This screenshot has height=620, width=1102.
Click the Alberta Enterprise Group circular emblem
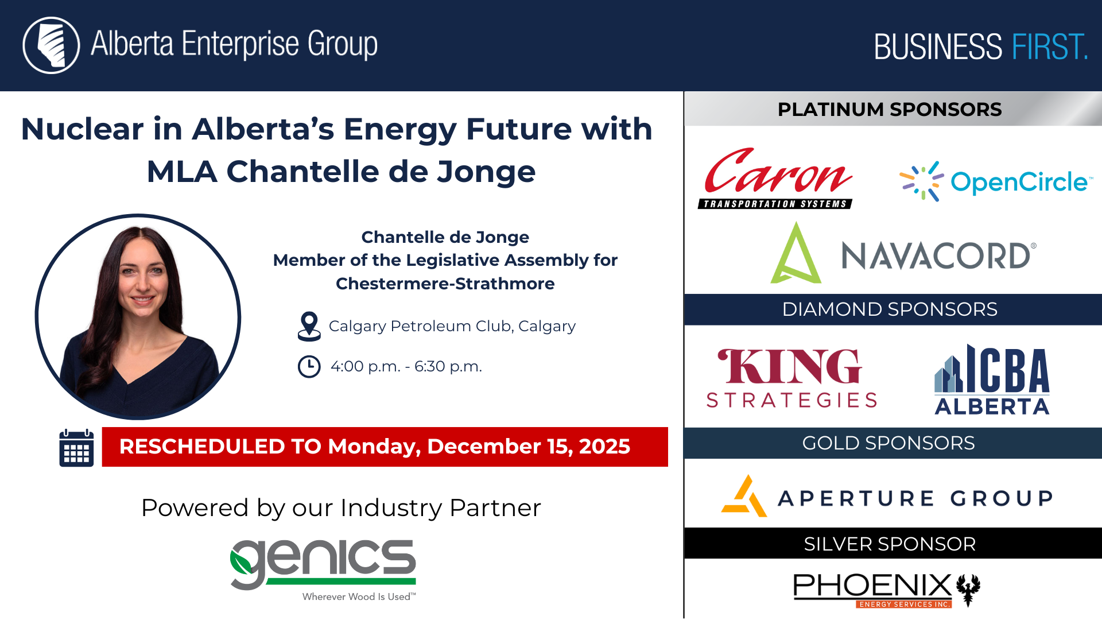click(51, 45)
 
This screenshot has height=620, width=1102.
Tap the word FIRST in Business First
click(1049, 47)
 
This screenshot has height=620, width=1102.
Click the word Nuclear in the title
click(82, 129)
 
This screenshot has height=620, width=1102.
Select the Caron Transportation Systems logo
click(776, 179)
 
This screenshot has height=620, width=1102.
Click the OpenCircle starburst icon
click(921, 181)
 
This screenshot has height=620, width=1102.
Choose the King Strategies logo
click(791, 378)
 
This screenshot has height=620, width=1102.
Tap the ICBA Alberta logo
click(992, 380)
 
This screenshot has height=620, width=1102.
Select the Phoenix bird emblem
click(968, 589)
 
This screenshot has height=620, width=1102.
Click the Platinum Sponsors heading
click(889, 109)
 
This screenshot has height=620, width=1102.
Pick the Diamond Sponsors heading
click(889, 309)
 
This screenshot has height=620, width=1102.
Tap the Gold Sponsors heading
click(888, 443)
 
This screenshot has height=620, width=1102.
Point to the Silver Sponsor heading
click(889, 544)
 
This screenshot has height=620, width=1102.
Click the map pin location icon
click(309, 326)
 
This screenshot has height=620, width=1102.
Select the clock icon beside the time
click(309, 366)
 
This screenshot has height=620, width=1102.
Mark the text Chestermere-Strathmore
click(445, 284)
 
